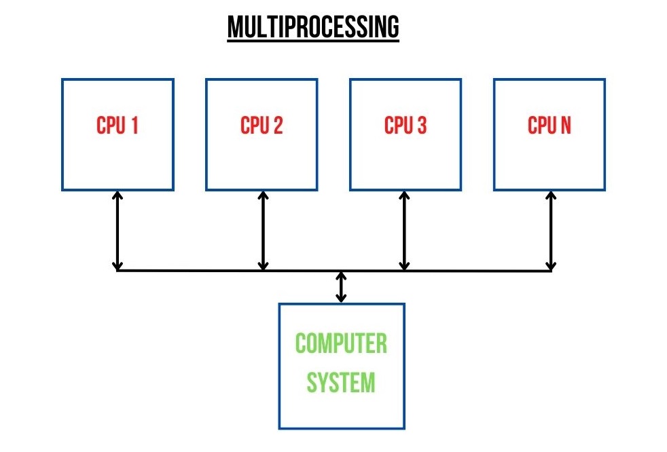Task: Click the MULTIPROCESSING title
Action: tap(313, 26)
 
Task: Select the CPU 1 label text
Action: tap(118, 126)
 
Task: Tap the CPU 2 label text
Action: tap(262, 126)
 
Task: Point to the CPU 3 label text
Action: tap(405, 126)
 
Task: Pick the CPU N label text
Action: tap(549, 126)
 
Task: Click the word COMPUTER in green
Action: tap(341, 343)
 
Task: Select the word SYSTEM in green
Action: tap(341, 382)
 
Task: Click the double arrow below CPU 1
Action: tap(118, 231)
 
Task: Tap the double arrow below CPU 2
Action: tap(264, 231)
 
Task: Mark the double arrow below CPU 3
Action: tap(405, 231)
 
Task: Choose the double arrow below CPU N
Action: tap(551, 231)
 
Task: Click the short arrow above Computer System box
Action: tap(341, 287)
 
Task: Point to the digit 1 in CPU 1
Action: tap(135, 126)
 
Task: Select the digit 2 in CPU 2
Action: tap(278, 126)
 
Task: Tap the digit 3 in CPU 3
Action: tap(422, 126)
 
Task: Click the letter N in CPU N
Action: tap(565, 126)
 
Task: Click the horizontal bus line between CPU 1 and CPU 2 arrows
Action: tap(190, 270)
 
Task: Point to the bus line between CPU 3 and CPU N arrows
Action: tap(477, 270)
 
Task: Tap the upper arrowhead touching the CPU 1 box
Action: tap(118, 195)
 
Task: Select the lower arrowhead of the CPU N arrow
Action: tap(551, 267)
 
